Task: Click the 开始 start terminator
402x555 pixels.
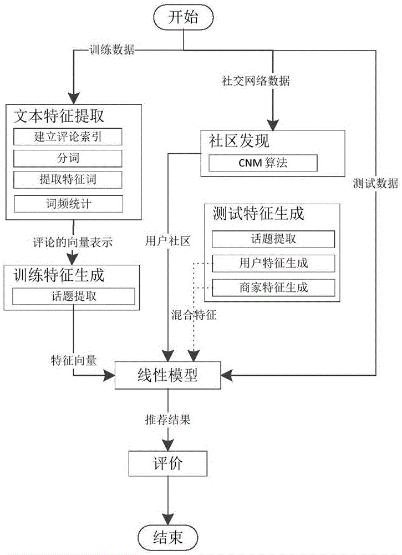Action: click(183, 17)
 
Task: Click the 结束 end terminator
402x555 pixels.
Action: click(168, 537)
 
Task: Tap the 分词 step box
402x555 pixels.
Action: click(67, 158)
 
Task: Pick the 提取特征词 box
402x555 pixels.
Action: click(67, 179)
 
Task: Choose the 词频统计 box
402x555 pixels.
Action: click(67, 204)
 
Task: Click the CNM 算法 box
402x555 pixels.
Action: click(263, 163)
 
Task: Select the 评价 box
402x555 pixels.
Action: click(168, 463)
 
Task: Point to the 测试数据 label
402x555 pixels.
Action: click(375, 184)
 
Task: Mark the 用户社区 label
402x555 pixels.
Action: click(167, 241)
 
